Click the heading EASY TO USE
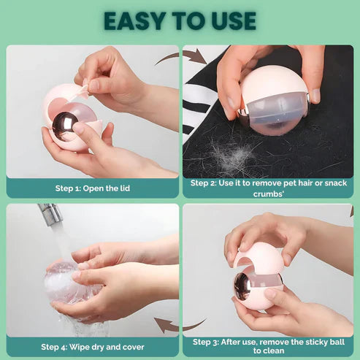point(180,20)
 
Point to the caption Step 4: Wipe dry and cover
point(92,347)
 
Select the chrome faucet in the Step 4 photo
point(50,213)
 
